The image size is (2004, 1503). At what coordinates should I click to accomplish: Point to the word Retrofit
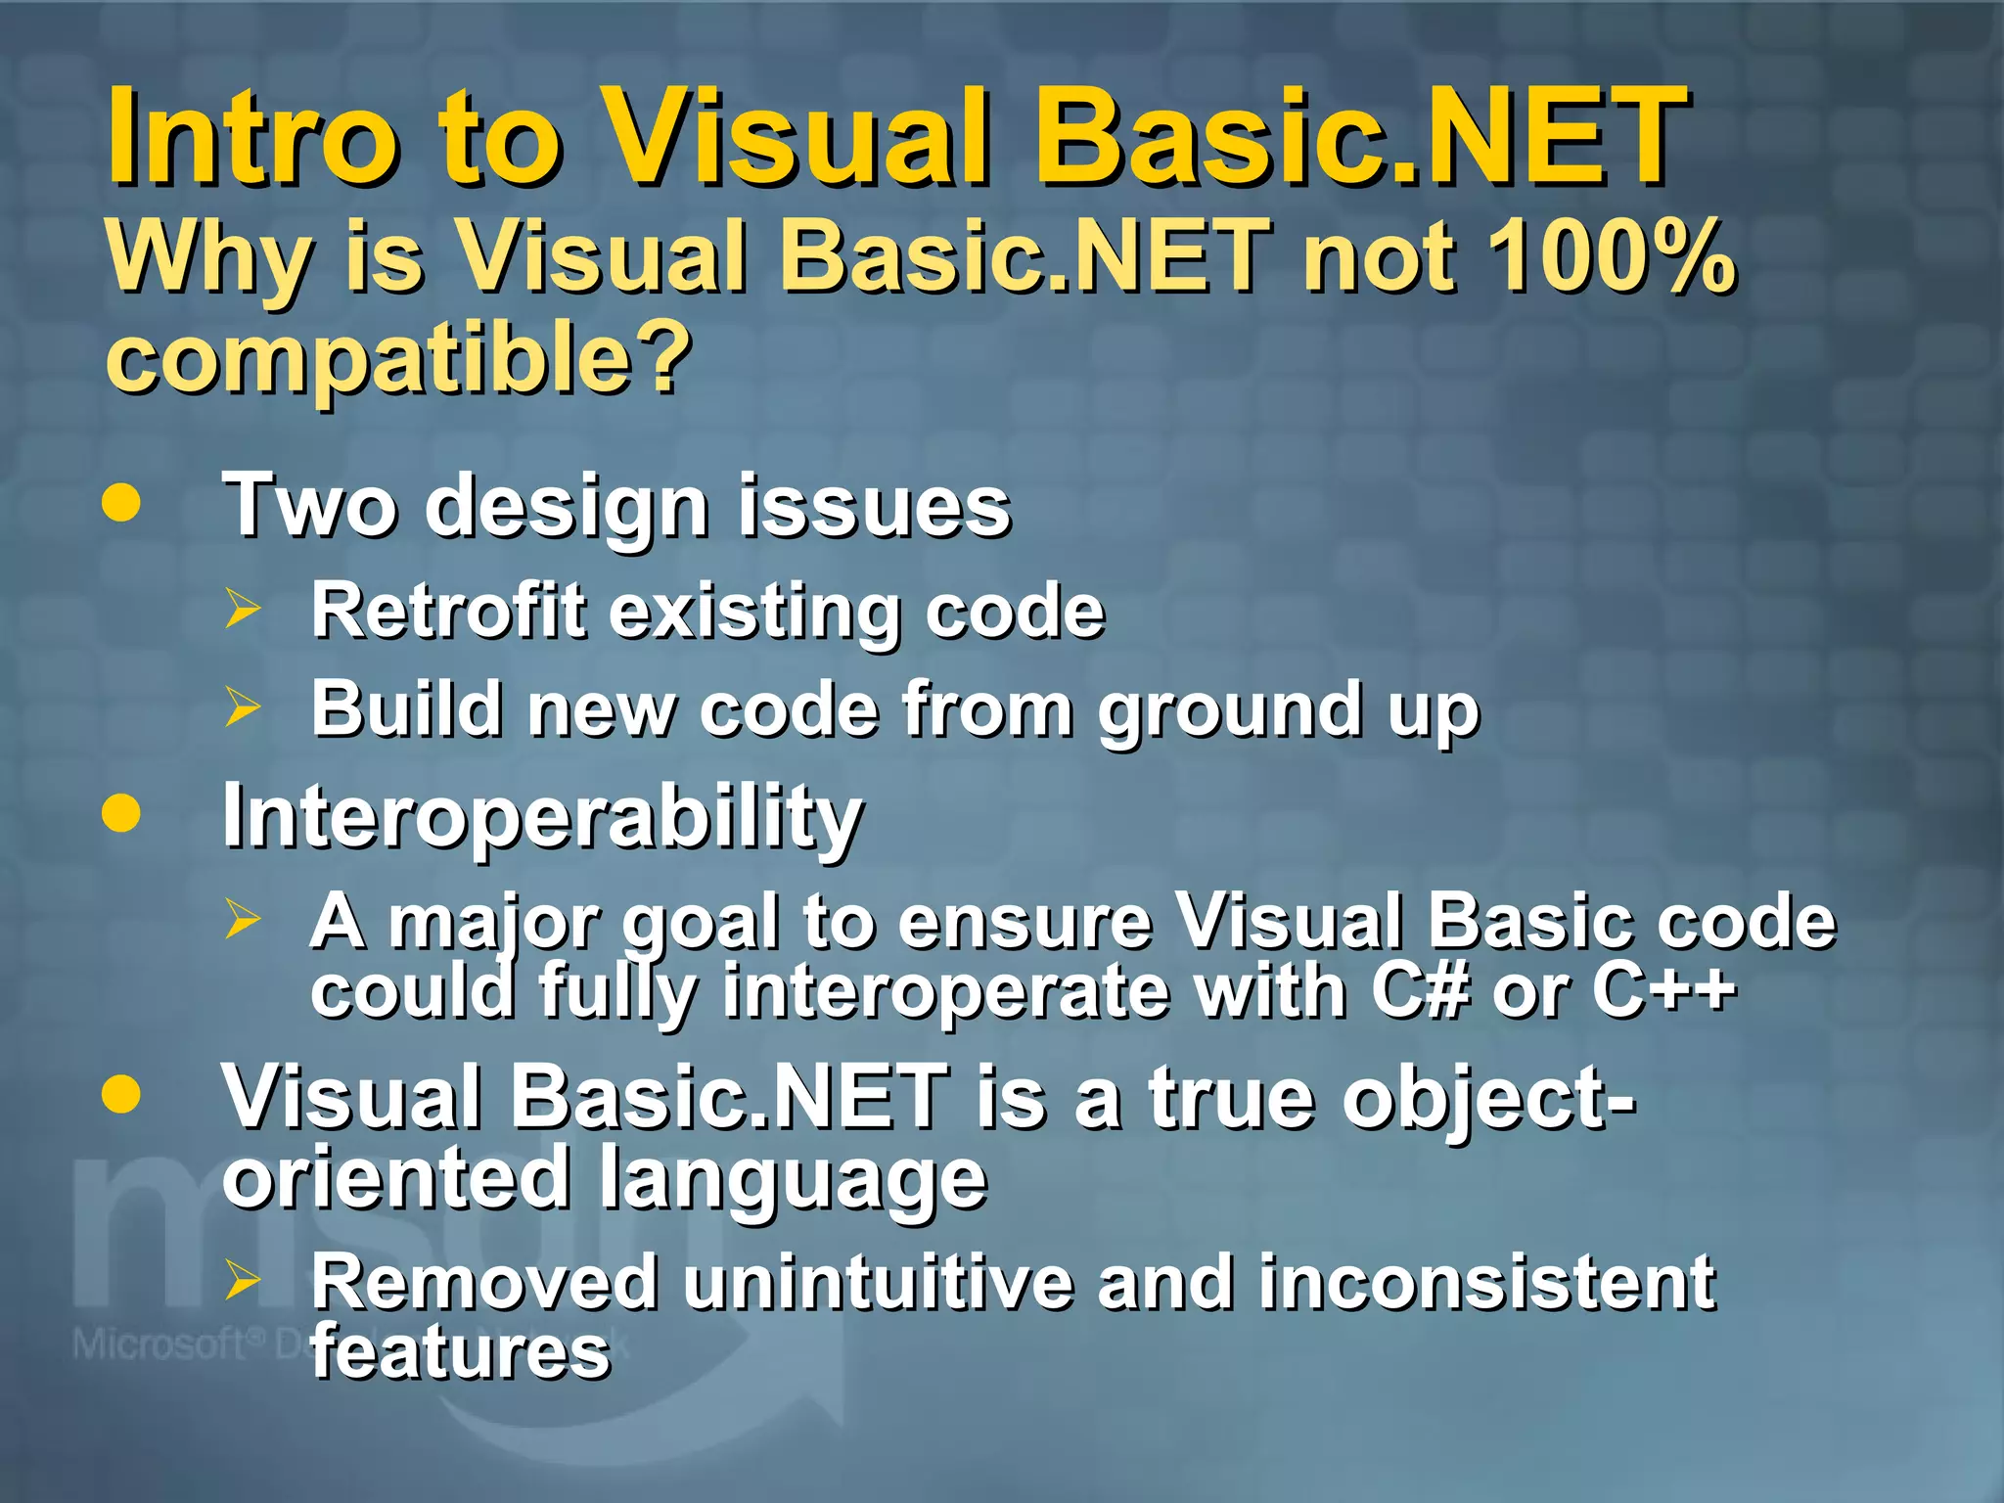coord(448,611)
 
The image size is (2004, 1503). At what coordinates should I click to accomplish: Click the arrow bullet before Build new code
coord(242,706)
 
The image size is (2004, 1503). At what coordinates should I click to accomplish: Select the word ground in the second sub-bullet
coord(1229,710)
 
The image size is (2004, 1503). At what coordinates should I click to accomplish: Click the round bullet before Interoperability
coord(121,812)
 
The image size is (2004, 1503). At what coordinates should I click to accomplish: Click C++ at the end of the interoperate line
coord(1663,990)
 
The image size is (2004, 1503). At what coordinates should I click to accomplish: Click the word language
coord(793,1180)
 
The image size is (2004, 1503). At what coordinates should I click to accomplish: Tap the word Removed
coord(484,1282)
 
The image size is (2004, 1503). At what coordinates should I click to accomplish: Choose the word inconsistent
coord(1486,1282)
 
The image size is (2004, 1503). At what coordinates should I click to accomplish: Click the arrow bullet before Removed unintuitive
coord(242,1280)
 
